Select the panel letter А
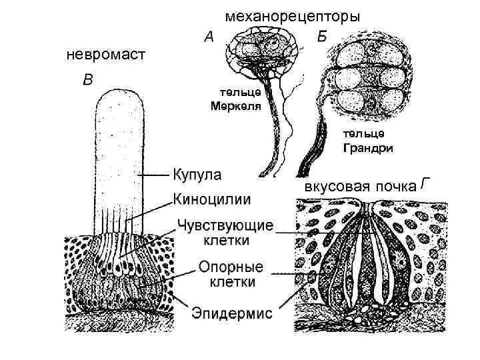pos(209,39)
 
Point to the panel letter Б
pos(322,37)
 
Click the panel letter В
pos(87,81)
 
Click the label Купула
pos(197,175)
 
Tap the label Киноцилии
pos(212,198)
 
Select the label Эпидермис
pos(232,312)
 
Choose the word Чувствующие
pos(224,225)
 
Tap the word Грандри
pos(368,148)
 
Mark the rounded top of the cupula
pos(120,97)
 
